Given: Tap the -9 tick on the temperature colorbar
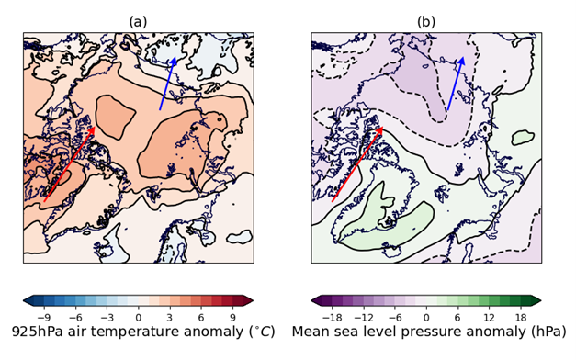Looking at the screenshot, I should (40, 315).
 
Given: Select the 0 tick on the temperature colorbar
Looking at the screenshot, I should (138, 315).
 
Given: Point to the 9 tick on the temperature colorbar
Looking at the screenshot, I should (235, 315).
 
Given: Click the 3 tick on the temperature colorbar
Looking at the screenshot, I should (170, 315).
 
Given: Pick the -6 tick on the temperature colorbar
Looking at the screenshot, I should (73, 315).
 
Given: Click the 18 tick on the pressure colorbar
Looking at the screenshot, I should (524, 315).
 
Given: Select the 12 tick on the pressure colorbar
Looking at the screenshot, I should (491, 315).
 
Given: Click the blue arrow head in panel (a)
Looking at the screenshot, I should (173, 58).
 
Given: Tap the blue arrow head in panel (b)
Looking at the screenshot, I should (461, 58).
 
